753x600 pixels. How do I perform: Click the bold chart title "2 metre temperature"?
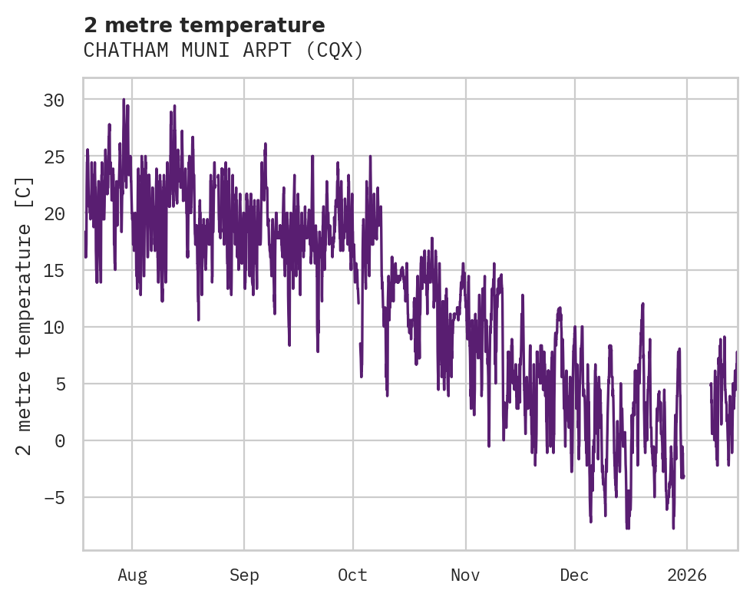click(204, 25)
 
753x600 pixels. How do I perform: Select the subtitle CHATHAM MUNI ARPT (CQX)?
click(223, 51)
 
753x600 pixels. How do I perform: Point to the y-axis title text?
click(25, 315)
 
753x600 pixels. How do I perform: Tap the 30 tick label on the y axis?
click(54, 100)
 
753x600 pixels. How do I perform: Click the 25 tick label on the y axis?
click(54, 157)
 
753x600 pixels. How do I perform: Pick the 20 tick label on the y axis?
click(54, 213)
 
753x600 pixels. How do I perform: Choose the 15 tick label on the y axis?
click(54, 270)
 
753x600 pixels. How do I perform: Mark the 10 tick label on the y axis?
click(54, 327)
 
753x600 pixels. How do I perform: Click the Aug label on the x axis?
click(132, 575)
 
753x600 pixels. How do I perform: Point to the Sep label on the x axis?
click(244, 575)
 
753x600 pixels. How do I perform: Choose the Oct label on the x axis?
click(353, 575)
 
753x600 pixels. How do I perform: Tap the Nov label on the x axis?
click(465, 575)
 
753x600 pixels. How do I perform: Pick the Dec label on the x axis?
click(574, 575)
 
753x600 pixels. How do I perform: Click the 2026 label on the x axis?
click(686, 575)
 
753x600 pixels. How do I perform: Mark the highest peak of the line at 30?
click(123, 100)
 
